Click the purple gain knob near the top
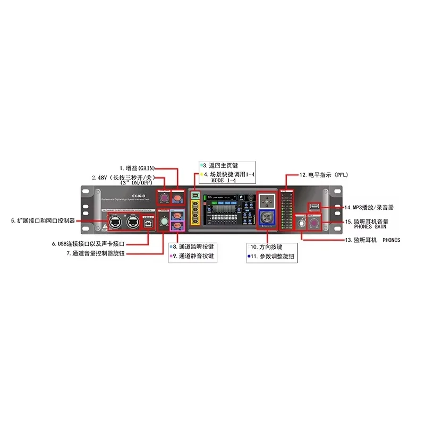(164, 199)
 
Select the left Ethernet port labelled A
(113, 221)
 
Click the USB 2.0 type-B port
(150, 222)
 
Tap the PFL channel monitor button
(177, 216)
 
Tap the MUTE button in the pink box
(177, 226)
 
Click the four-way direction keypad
(266, 200)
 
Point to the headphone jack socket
(301, 223)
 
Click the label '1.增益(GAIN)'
(137, 168)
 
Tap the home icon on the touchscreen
(242, 197)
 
